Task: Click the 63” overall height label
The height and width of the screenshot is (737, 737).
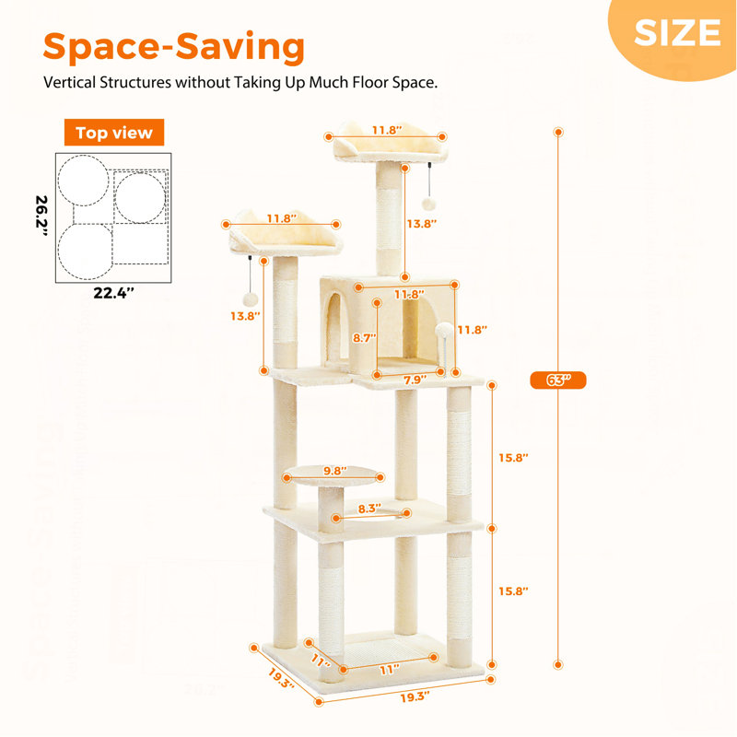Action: click(x=558, y=380)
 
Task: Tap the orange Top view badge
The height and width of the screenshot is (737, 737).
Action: click(x=114, y=133)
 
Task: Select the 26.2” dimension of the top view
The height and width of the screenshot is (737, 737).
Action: click(x=41, y=216)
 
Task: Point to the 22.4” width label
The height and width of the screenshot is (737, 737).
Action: click(x=113, y=293)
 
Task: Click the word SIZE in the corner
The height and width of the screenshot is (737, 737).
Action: click(x=677, y=32)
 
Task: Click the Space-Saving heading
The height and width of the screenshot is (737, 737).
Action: click(x=174, y=47)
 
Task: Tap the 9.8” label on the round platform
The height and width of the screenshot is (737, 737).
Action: click(x=335, y=471)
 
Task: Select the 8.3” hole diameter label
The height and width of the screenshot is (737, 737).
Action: click(x=369, y=509)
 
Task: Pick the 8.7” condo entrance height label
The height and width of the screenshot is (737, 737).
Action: click(x=364, y=338)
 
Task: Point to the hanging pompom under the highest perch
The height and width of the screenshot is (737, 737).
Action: click(x=428, y=203)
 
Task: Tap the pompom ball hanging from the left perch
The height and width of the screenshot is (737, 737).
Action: click(x=250, y=299)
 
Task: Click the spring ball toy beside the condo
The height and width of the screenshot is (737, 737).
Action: click(x=444, y=330)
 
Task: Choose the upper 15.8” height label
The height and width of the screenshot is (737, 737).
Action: click(x=513, y=457)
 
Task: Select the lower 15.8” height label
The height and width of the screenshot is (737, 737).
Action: click(x=513, y=591)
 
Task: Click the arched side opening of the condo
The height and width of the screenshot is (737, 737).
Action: click(x=333, y=328)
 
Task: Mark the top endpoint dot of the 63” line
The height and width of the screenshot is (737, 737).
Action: click(x=558, y=132)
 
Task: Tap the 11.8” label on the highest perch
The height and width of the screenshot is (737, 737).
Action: click(x=387, y=130)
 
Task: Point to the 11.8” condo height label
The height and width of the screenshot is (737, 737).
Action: click(x=472, y=330)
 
